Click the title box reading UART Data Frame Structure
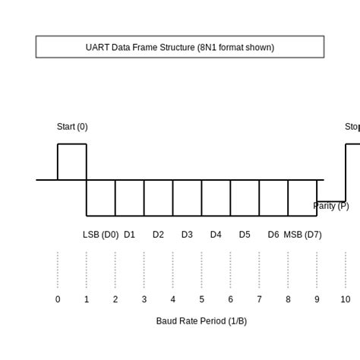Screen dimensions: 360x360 (x=180, y=47)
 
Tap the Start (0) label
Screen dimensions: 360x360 (x=72, y=127)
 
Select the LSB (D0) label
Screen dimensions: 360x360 (x=100, y=235)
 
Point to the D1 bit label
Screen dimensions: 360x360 (x=129, y=235)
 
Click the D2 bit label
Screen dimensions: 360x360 (x=158, y=235)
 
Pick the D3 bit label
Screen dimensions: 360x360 (x=187, y=235)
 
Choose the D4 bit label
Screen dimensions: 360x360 (x=216, y=235)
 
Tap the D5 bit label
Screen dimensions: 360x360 (x=245, y=235)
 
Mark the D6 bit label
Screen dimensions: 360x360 (x=273, y=235)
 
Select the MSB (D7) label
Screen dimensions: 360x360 (x=302, y=235)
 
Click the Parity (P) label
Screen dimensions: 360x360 (x=331, y=206)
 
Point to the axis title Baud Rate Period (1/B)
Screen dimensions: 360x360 (x=201, y=321)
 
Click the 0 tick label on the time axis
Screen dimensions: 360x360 (x=58, y=299)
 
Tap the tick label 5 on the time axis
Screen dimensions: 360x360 (x=202, y=299)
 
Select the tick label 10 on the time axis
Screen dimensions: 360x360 (x=346, y=299)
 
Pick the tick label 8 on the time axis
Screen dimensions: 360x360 (x=288, y=299)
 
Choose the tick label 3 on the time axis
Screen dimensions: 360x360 (x=144, y=299)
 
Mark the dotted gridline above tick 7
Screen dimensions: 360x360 (x=259, y=270)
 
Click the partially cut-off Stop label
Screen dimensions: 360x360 (x=352, y=127)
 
